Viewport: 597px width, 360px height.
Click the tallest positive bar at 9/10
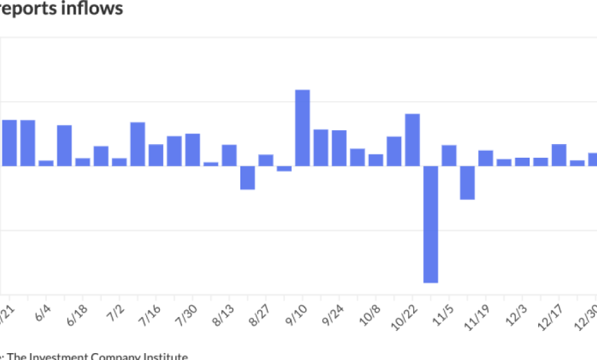pos(302,128)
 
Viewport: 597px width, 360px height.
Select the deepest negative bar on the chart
pos(431,224)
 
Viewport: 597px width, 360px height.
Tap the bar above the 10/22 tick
pos(413,139)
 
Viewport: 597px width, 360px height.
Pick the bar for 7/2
pos(119,162)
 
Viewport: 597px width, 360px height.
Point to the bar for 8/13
pos(229,155)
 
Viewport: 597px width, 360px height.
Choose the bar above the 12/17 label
pos(559,155)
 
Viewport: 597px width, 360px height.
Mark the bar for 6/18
pos(83,162)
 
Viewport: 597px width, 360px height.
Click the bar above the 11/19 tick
pos(485,158)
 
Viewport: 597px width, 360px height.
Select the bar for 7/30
pos(192,150)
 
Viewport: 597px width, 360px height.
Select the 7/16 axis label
pos(153,315)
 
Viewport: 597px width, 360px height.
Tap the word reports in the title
pos(28,8)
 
